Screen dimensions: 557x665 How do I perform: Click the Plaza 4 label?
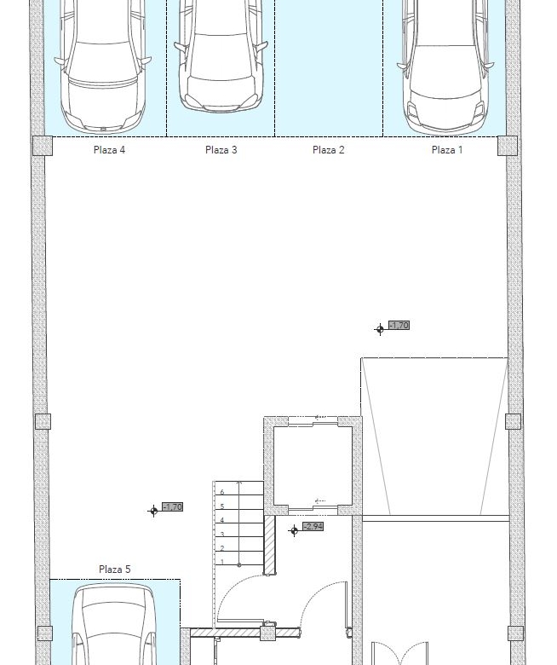tap(109, 150)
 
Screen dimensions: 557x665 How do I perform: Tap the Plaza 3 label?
tap(221, 150)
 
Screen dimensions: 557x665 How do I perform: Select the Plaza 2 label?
tap(328, 150)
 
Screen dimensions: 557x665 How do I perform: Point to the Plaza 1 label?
tap(447, 150)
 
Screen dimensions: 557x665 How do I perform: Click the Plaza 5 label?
tap(115, 570)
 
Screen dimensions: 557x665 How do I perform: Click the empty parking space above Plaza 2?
tap(329, 68)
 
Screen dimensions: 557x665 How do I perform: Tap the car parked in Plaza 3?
tap(221, 55)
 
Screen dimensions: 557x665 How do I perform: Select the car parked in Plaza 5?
tap(115, 624)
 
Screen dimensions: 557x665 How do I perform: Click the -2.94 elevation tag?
tap(313, 527)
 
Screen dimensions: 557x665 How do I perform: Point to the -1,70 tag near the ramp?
tap(399, 326)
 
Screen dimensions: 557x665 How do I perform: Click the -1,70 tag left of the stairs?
tap(172, 506)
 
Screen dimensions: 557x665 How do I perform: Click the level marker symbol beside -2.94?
tap(294, 530)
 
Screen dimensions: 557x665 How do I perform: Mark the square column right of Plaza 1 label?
tap(508, 146)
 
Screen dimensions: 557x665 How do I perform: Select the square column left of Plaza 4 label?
tap(43, 146)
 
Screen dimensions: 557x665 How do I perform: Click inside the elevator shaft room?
tap(313, 465)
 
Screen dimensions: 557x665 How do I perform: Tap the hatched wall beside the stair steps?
tap(270, 545)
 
